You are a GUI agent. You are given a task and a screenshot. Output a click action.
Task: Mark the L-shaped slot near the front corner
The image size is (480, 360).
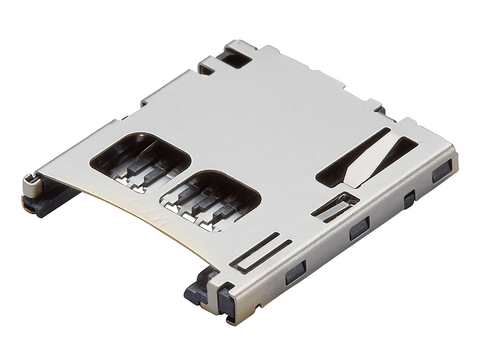259,251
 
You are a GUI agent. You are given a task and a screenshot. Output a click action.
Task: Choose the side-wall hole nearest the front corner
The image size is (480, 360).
295,273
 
